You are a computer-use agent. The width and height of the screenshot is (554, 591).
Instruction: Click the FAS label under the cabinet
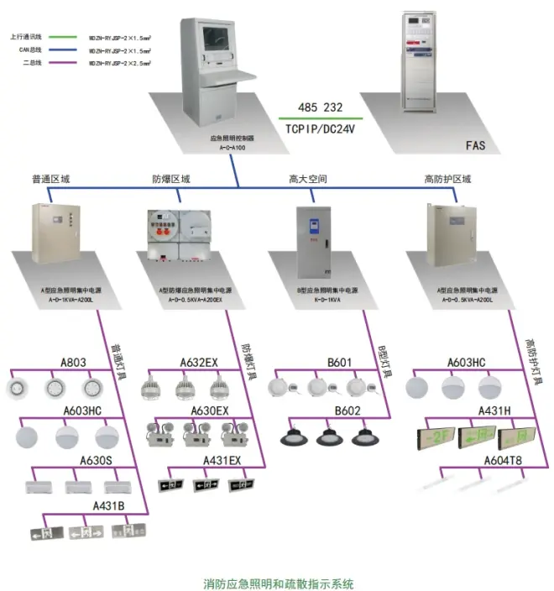point(476,145)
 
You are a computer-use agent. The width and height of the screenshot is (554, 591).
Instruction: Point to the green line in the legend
point(64,37)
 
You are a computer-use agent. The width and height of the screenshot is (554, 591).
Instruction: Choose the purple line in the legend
point(64,62)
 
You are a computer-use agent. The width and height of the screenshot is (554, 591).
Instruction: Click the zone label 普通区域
point(51,179)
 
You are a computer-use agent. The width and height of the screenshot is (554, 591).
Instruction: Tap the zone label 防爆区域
point(170,179)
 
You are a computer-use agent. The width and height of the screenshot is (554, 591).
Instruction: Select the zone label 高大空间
point(307,179)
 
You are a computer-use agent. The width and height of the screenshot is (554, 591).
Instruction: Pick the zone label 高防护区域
point(448,179)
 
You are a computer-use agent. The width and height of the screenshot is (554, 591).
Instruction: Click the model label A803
point(73,363)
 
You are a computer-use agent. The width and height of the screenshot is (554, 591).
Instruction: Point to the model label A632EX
point(199,363)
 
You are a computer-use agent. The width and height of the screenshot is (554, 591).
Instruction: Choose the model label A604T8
point(501,460)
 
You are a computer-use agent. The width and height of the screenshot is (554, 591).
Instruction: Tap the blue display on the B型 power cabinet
point(313,225)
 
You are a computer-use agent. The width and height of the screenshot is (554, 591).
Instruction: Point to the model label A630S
point(97,460)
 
